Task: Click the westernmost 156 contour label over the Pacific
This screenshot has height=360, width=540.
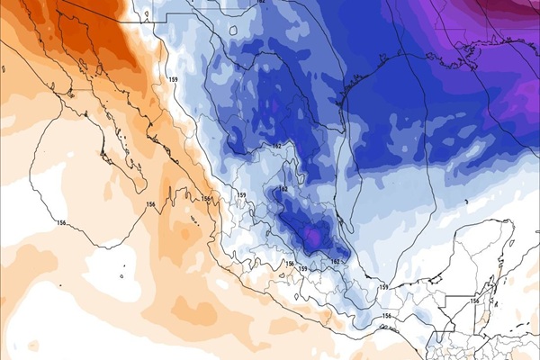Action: pyautogui.click(x=61, y=222)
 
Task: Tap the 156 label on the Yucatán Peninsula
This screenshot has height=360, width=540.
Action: pyautogui.click(x=474, y=301)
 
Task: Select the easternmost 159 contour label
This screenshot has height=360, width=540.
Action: pyautogui.click(x=383, y=287)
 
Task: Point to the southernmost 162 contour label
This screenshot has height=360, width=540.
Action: pyautogui.click(x=335, y=262)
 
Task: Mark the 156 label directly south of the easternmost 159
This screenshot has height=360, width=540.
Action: pyautogui.click(x=387, y=316)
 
